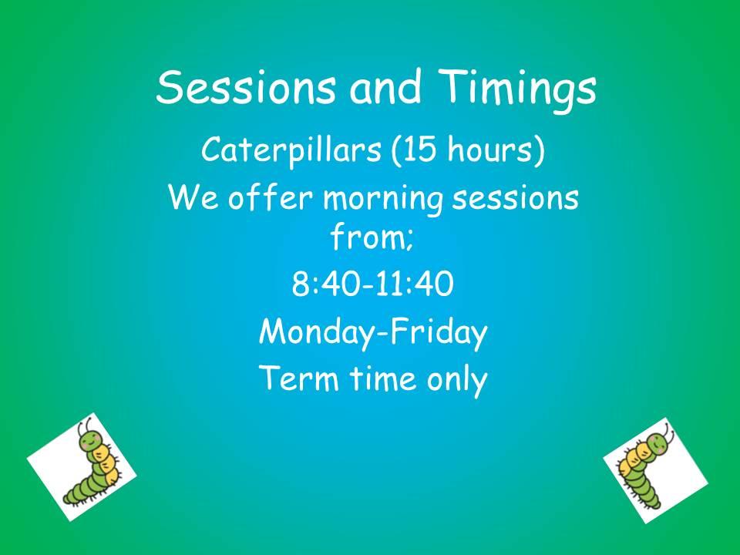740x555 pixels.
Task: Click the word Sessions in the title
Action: coord(246,87)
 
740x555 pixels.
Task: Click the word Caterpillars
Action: coord(291,150)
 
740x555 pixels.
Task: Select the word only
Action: coord(457,381)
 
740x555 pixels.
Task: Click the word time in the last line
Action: coord(383,378)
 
